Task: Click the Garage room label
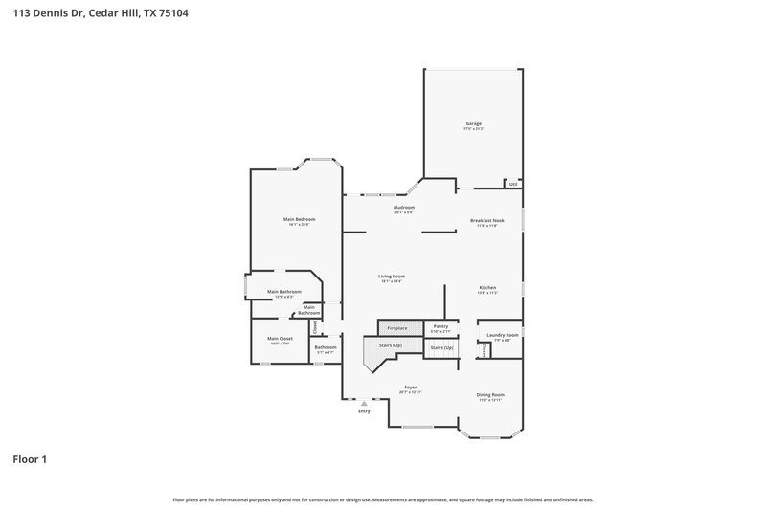[473, 124]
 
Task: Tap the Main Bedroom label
[299, 220]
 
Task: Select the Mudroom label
[403, 208]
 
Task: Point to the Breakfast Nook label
[486, 221]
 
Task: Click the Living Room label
[391, 277]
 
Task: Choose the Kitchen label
[486, 289]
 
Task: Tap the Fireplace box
[397, 328]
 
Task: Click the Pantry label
[440, 328]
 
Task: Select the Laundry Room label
[502, 336]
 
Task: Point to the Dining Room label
[490, 396]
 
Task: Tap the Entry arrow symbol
[364, 404]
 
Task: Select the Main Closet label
[280, 340]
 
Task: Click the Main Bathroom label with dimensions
[284, 293]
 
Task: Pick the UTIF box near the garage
[513, 184]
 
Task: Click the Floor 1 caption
[30, 459]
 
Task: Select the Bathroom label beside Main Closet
[326, 349]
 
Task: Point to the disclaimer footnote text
[383, 499]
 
